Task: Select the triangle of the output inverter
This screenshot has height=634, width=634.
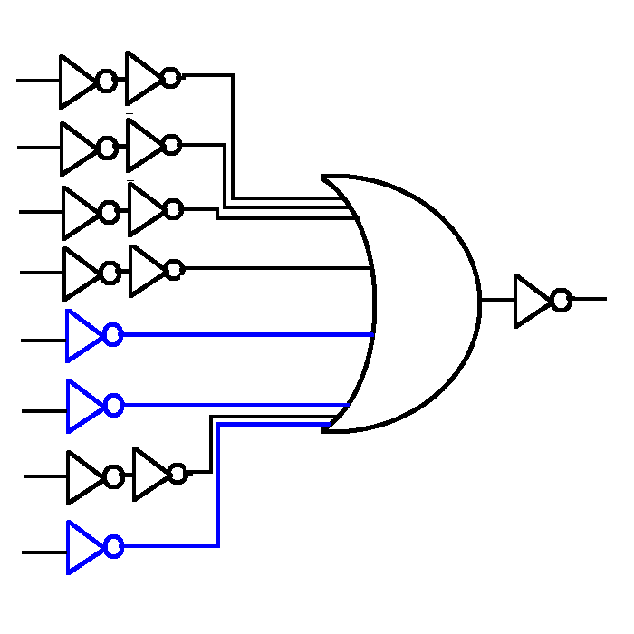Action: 530,301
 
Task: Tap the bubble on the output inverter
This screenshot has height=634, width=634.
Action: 562,300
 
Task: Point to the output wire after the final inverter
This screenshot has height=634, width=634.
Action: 589,299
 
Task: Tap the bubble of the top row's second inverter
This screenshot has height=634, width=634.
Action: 170,79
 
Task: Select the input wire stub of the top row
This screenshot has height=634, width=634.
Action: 36,81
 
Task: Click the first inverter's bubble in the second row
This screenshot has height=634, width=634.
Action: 108,147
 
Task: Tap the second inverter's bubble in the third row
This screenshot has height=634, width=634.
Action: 173,210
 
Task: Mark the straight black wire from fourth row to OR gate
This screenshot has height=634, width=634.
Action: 272,268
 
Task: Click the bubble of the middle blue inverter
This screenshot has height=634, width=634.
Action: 113,406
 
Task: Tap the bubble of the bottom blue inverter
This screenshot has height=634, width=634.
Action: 113,546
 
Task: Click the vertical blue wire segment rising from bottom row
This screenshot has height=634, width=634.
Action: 218,489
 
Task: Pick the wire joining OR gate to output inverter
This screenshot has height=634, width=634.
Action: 497,300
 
